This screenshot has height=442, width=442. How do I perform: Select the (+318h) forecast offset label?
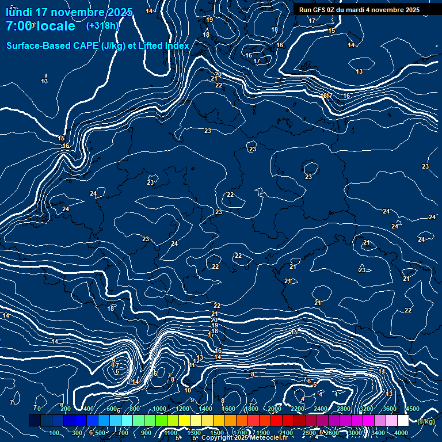(x=103, y=26)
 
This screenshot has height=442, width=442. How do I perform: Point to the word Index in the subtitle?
(x=177, y=46)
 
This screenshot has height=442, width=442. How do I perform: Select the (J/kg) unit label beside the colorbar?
(x=426, y=421)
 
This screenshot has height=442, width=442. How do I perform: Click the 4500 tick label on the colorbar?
(x=413, y=409)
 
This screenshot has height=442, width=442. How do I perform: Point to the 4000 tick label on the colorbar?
(x=401, y=433)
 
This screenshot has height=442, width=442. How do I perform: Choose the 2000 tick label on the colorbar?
(x=275, y=409)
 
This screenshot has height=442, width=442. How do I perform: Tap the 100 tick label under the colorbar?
(x=54, y=433)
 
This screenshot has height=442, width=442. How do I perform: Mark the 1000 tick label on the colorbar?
(x=159, y=409)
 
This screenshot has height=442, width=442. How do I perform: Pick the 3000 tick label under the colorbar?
(x=355, y=433)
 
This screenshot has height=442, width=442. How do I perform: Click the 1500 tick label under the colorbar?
(x=217, y=433)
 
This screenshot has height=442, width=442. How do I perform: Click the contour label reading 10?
(x=188, y=390)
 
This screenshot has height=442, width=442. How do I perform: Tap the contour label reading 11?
(x=192, y=365)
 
